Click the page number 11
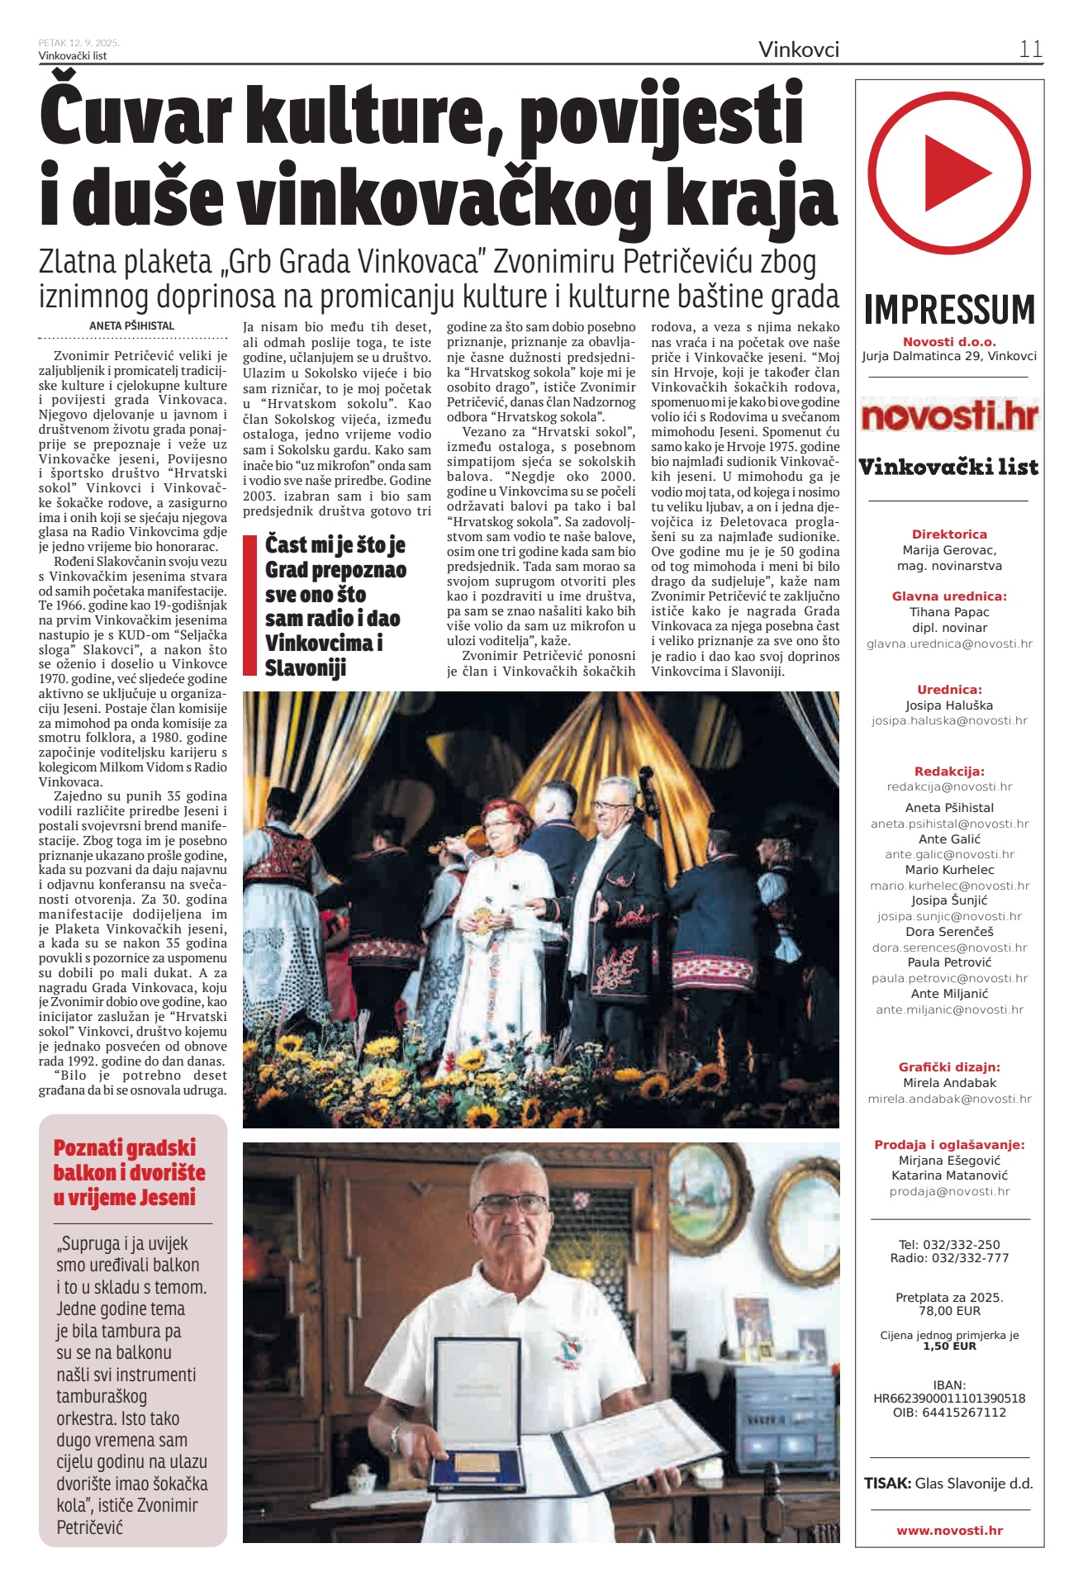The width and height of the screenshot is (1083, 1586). click(1030, 49)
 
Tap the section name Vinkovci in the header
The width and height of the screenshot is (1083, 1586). click(798, 50)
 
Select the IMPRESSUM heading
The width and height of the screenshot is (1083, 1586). click(949, 310)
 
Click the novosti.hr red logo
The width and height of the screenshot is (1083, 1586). click(949, 415)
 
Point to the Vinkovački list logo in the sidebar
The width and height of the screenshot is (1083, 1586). click(949, 468)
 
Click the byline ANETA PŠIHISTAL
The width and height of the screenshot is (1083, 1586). click(132, 325)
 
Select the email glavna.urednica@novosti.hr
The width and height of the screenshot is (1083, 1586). click(949, 643)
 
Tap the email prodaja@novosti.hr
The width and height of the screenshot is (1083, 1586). click(949, 1191)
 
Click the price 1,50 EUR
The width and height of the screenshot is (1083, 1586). click(949, 1346)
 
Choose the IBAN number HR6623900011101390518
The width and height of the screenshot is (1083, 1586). click(949, 1398)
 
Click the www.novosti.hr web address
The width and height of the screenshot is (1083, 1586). click(949, 1531)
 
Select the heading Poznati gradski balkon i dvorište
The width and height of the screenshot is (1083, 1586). click(129, 1172)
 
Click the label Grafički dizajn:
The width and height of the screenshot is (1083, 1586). click(949, 1067)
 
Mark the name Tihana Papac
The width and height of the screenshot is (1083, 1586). click(949, 612)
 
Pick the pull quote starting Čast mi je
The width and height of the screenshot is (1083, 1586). click(335, 606)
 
